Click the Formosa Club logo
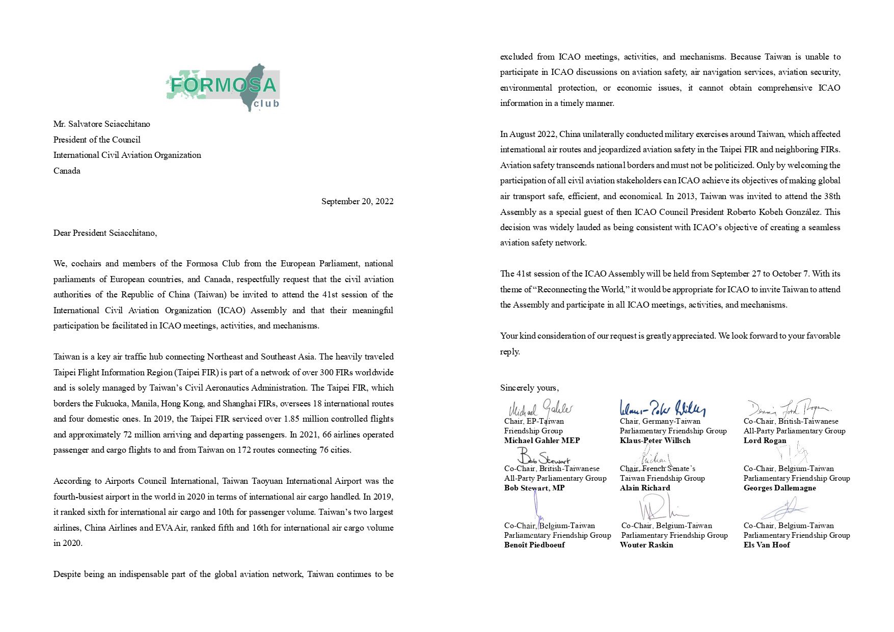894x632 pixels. [223, 87]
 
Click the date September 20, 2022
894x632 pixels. [357, 202]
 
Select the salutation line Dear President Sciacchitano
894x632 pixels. [105, 233]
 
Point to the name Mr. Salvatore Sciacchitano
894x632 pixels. [101, 124]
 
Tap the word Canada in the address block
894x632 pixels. [67, 171]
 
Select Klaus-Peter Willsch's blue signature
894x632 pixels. [662, 408]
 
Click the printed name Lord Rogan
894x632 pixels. [765, 441]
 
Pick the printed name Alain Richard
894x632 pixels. [645, 488]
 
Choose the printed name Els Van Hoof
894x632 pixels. [767, 545]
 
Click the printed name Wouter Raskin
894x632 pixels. [646, 545]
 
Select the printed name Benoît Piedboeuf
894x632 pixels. [534, 545]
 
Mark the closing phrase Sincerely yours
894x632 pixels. [529, 388]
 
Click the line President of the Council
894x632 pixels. [97, 140]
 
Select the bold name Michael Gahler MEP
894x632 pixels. [542, 441]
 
